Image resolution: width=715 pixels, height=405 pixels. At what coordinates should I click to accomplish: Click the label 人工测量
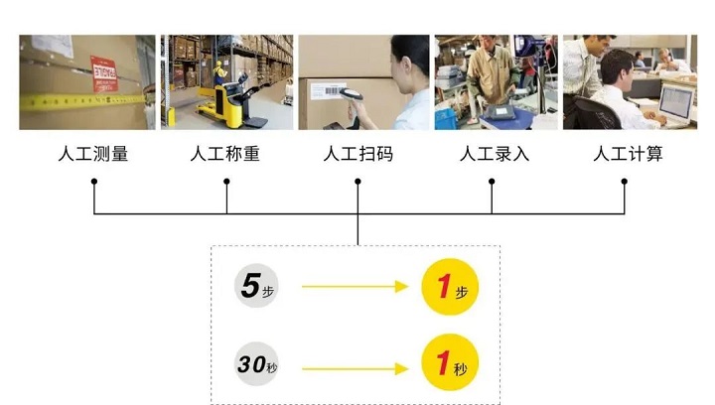tap(93, 154)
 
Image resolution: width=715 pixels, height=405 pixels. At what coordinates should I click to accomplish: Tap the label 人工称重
tap(225, 154)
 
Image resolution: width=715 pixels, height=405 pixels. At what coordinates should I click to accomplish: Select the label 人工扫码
tap(357, 154)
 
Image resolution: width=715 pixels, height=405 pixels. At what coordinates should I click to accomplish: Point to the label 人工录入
tap(495, 154)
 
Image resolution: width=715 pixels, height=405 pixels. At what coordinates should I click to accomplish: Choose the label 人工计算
tap(628, 154)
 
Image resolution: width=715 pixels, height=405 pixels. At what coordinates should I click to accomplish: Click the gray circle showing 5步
tap(256, 286)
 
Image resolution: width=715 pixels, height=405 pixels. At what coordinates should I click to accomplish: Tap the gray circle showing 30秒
tap(256, 364)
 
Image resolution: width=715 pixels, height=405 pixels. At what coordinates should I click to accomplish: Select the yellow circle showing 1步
tap(450, 287)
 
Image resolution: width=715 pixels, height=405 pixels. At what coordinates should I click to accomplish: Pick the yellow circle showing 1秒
tap(450, 362)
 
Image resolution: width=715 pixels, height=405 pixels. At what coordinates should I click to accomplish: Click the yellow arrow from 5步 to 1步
tap(356, 287)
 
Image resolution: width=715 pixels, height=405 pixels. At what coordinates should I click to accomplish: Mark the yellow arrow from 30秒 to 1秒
tap(356, 368)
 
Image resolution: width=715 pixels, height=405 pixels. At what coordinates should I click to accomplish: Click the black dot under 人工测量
tap(94, 182)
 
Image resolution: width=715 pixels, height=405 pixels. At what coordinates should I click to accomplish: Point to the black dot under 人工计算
tap(625, 182)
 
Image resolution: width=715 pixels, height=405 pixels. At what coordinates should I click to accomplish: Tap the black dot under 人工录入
tap(492, 182)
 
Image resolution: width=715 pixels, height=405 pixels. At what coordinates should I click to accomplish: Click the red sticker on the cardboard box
tap(104, 73)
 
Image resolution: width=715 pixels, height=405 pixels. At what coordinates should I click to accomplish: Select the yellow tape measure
tap(84, 101)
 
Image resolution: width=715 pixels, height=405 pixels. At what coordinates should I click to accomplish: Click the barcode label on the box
tap(328, 90)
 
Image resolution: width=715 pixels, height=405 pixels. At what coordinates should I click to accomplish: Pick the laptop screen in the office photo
tap(676, 101)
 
